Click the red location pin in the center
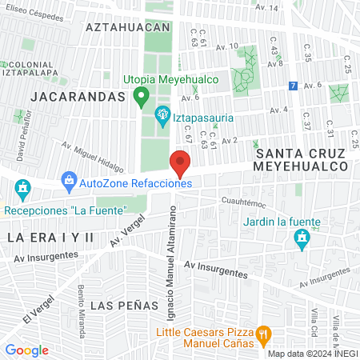click(180, 165)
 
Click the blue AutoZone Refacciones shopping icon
click(69, 182)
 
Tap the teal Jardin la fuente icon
click(301, 238)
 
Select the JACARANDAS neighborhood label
click(78, 96)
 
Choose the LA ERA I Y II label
click(50, 238)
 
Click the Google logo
click(26, 350)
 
